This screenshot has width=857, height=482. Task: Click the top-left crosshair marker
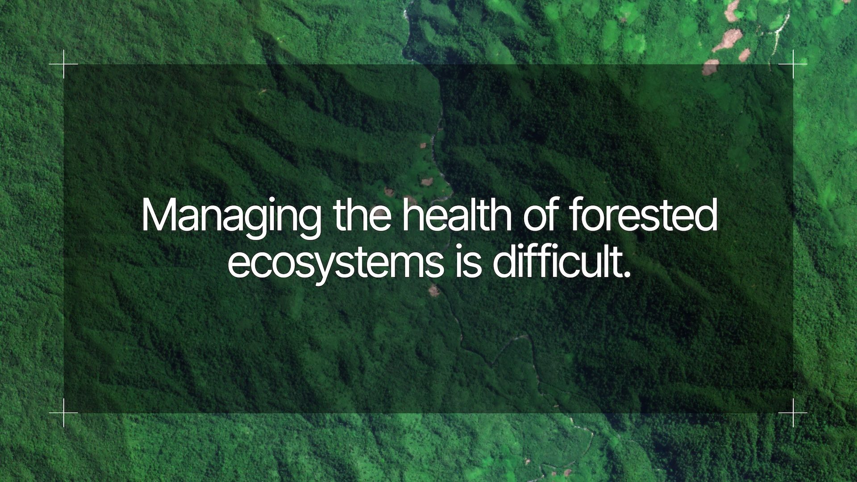click(63, 64)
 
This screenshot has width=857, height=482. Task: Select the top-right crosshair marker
click(793, 64)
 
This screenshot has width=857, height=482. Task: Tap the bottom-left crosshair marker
click(63, 413)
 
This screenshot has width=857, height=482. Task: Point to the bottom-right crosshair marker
click(793, 413)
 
